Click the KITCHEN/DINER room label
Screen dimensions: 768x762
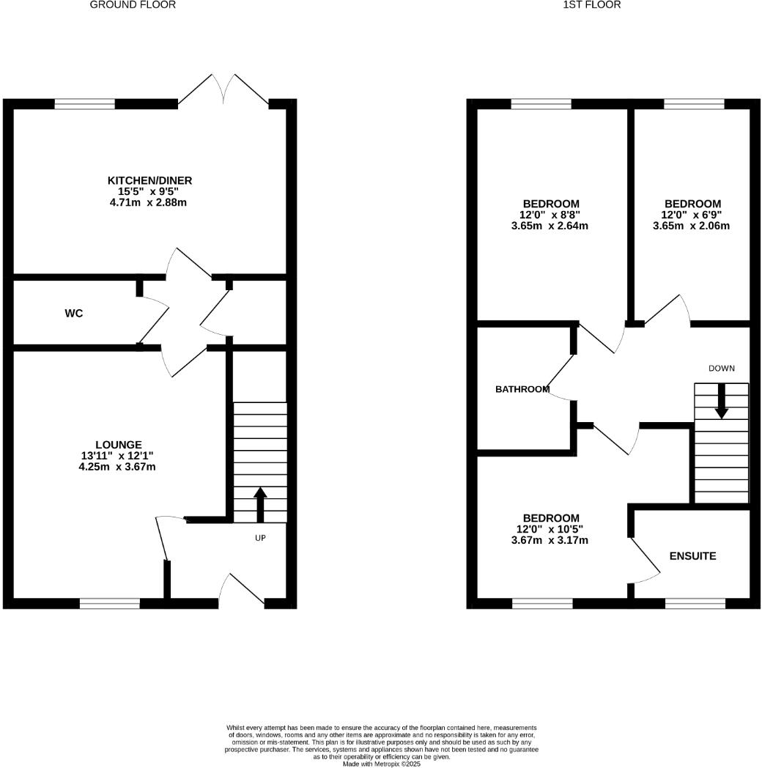(149, 180)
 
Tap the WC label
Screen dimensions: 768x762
(73, 314)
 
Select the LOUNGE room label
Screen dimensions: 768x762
(118, 444)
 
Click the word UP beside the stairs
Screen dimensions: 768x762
(259, 538)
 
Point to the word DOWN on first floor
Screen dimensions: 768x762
(721, 368)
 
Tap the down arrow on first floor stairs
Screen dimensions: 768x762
(721, 402)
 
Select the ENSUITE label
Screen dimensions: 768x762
(692, 556)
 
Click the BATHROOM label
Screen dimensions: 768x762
(522, 389)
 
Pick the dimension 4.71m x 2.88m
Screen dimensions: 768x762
(149, 202)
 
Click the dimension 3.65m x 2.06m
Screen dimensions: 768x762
(692, 226)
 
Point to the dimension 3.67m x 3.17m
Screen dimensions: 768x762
(550, 541)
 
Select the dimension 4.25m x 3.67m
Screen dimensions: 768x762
(118, 466)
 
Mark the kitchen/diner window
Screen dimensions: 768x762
(84, 104)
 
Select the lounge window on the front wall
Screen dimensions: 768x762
(109, 604)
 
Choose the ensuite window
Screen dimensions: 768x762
(695, 604)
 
